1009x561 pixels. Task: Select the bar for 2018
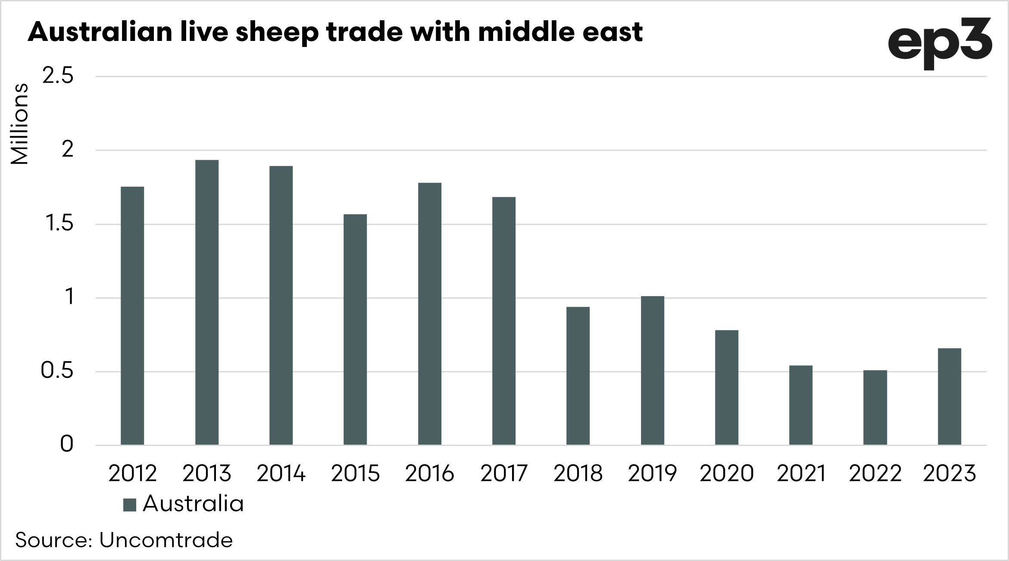578,376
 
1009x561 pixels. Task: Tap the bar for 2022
875,407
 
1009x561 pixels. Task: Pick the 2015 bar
355,329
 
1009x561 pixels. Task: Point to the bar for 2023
950,396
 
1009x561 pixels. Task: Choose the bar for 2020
727,387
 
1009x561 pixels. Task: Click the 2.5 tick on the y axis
57,77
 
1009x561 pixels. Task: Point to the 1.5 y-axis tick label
57,224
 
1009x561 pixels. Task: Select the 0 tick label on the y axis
66,445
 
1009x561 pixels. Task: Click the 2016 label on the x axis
429,474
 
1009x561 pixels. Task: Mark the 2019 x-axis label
652,474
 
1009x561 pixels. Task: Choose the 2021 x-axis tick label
801,474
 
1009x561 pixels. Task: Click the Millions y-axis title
19,124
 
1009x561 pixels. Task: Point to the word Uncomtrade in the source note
166,540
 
